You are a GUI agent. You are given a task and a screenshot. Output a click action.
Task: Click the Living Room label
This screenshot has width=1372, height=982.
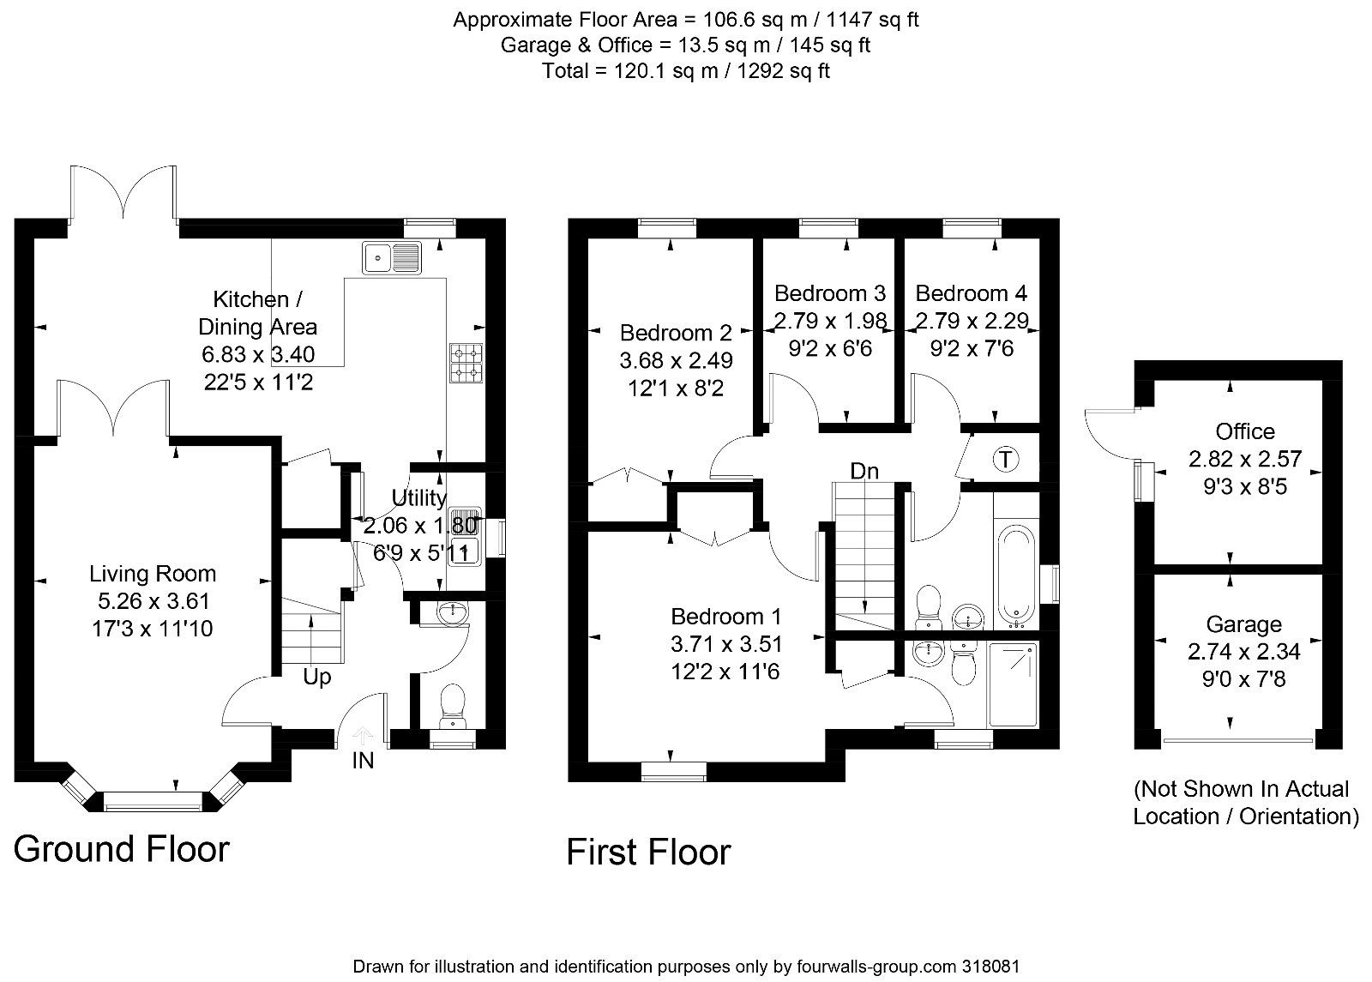pos(153,574)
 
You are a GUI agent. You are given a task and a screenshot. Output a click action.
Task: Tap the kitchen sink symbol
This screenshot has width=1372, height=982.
pos(392,256)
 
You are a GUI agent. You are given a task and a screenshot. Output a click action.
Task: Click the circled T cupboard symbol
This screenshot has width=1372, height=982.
pos(1005,460)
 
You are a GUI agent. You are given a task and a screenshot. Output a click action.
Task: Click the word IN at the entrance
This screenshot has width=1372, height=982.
pos(363,760)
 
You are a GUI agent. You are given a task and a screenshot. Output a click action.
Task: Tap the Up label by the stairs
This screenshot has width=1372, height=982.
pos(316,678)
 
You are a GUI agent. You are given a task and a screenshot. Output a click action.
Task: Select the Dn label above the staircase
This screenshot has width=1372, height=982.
pos(864,471)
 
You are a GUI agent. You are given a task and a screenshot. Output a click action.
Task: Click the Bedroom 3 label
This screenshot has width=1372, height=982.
pos(829,294)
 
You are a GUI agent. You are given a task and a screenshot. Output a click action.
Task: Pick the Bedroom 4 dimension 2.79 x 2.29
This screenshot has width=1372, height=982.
pos(972,322)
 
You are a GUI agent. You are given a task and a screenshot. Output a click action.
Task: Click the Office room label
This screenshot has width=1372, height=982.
pos(1244,431)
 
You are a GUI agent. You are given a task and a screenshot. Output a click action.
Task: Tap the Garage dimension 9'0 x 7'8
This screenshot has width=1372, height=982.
pos(1243,680)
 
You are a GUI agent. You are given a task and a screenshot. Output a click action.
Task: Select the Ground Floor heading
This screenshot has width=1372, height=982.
pos(122,849)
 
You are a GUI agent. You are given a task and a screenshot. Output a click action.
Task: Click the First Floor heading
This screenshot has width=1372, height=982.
pos(648,852)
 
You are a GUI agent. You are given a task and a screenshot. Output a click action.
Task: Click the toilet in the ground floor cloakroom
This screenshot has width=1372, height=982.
pos(451,706)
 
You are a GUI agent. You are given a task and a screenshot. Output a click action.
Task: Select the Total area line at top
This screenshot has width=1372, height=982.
pos(685,71)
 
